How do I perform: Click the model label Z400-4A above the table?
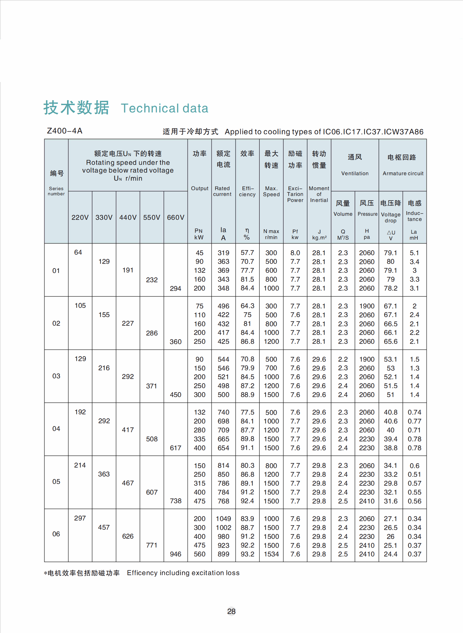tap(65, 131)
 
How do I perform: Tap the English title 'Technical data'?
tap(164, 108)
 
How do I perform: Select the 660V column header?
tap(176, 218)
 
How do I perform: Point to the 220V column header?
tap(80, 218)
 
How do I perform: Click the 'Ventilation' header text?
tap(355, 173)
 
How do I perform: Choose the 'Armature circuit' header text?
tap(403, 173)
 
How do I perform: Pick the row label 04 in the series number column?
tap(56, 429)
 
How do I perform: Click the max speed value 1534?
tap(271, 554)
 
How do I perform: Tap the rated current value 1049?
tap(223, 519)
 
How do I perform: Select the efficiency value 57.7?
tap(247, 253)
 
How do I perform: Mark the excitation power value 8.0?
tap(295, 253)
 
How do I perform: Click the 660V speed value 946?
tap(175, 554)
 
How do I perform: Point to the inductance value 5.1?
tap(414, 253)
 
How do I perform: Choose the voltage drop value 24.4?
tap(391, 554)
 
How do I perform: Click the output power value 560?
tap(200, 554)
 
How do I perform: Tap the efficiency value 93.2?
tap(247, 554)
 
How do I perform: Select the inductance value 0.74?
tap(414, 412)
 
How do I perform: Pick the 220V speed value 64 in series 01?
tap(78, 252)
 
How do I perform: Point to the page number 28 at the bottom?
tap(232, 611)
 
